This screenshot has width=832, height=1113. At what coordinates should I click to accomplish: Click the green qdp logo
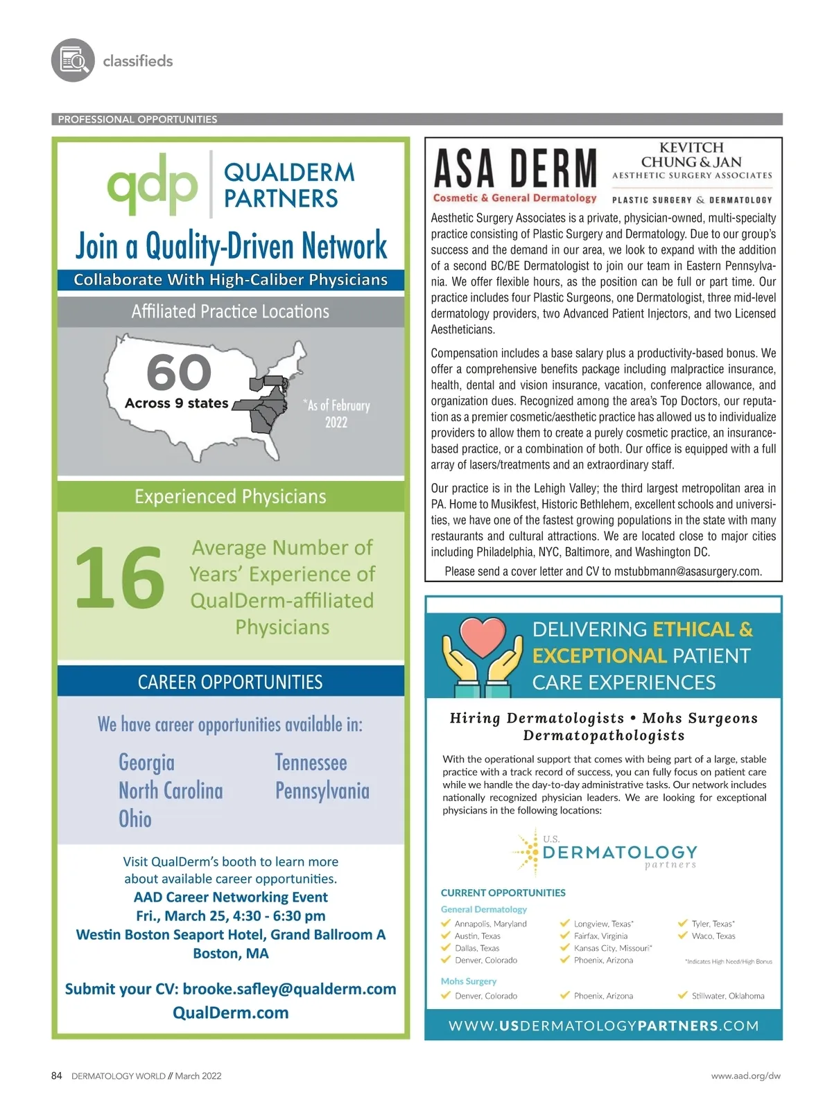[x=153, y=184]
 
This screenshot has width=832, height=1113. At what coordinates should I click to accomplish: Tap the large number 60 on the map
[x=179, y=372]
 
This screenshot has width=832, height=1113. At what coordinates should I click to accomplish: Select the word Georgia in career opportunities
[x=146, y=762]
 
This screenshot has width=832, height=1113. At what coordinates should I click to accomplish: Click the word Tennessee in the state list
[x=311, y=762]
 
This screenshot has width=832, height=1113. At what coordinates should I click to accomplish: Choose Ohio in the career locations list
[x=135, y=818]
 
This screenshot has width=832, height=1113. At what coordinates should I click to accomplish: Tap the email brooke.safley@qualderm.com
[x=289, y=989]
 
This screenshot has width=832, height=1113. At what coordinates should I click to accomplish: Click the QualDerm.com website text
[x=230, y=1013]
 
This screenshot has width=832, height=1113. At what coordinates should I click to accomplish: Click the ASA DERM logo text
[x=514, y=169]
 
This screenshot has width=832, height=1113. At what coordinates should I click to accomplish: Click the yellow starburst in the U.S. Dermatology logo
[x=528, y=850]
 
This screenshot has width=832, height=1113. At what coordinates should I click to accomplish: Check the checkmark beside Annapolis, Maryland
[x=446, y=923]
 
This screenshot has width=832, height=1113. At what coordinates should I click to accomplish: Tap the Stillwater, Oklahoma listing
[x=727, y=996]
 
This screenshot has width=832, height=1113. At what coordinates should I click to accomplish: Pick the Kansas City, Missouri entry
[x=612, y=948]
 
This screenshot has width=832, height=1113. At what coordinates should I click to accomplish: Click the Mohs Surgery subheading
[x=469, y=981]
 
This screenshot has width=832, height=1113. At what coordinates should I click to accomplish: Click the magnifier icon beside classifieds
[x=73, y=60]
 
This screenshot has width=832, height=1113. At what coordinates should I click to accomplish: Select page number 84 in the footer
[x=57, y=1076]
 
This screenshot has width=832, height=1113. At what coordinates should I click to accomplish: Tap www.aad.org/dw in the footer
[x=745, y=1076]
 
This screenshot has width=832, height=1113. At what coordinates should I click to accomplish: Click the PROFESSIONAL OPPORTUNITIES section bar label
[x=137, y=119]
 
